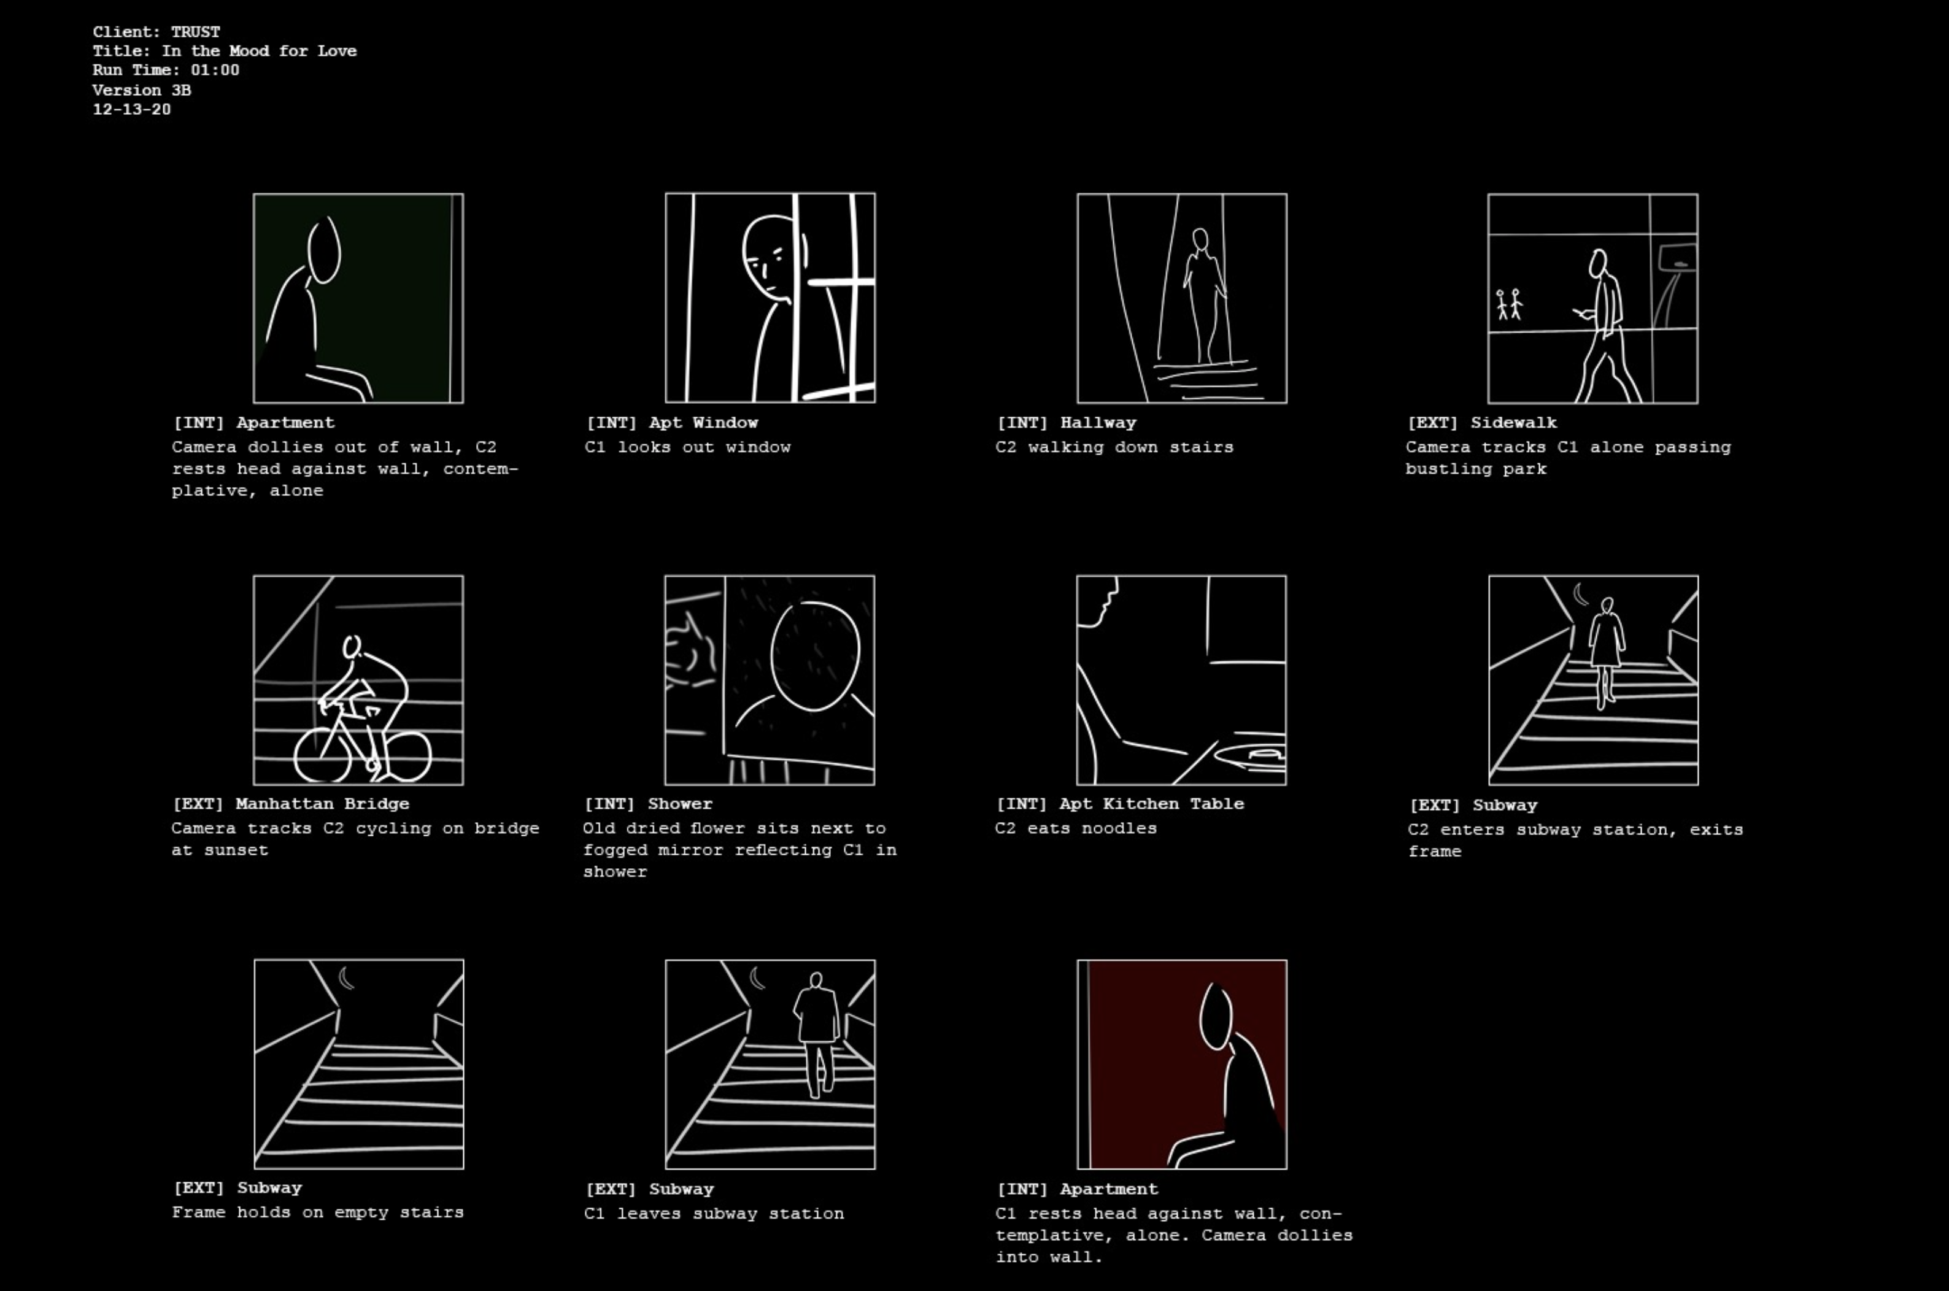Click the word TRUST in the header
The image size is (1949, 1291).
[195, 32]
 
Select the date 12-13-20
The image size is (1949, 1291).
[132, 109]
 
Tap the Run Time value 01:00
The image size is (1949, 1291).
[215, 70]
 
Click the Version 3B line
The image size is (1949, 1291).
[142, 90]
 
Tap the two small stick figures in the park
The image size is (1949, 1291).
[1509, 304]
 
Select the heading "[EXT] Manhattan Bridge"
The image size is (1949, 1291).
[291, 804]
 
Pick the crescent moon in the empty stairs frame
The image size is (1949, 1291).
[346, 978]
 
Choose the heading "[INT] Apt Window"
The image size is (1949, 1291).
[672, 422]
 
